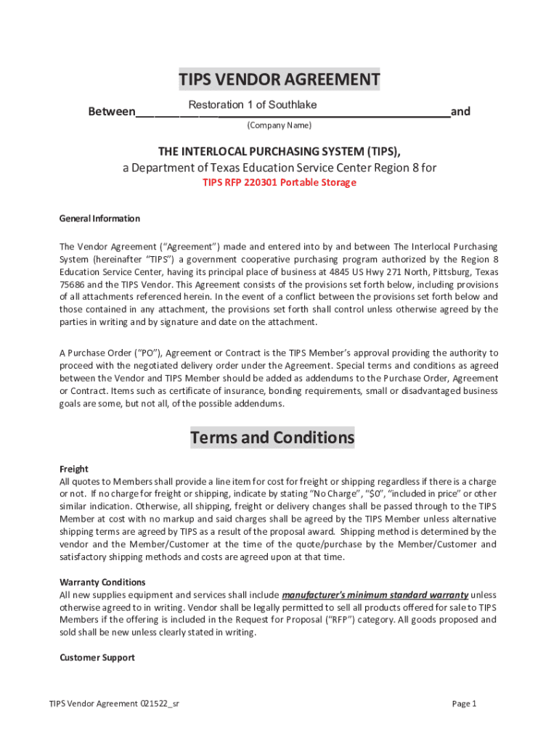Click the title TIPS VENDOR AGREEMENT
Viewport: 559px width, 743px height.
click(x=279, y=79)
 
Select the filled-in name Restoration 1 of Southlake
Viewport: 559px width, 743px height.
click(x=252, y=105)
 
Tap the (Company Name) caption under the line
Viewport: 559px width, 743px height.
click(x=279, y=126)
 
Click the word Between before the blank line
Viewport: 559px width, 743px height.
click(x=111, y=112)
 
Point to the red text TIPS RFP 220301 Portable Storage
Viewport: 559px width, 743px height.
click(x=279, y=182)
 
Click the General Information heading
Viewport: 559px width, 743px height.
click(x=99, y=218)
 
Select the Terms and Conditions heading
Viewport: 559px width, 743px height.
click(x=272, y=438)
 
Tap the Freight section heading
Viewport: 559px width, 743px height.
click(x=73, y=469)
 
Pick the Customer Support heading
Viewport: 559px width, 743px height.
click(x=97, y=657)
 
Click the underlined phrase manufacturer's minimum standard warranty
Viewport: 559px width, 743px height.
click(x=375, y=595)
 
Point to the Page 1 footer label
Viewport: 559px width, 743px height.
click(x=463, y=704)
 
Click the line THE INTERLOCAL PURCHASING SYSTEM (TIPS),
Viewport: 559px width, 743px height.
click(x=279, y=151)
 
